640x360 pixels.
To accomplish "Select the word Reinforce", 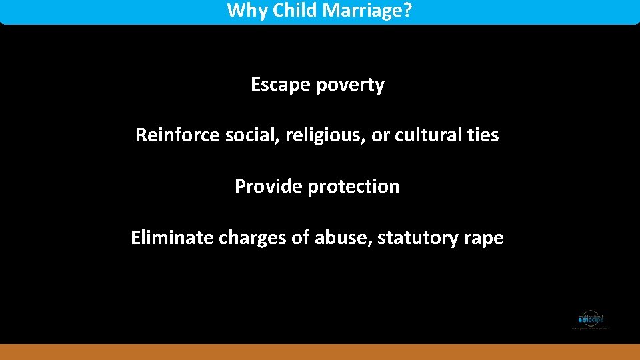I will (x=177, y=135).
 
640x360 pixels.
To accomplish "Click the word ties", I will (x=483, y=135).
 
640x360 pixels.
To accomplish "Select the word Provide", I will (x=268, y=187).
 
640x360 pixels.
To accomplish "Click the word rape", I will (x=485, y=238).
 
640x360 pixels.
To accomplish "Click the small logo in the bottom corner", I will (x=591, y=319).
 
